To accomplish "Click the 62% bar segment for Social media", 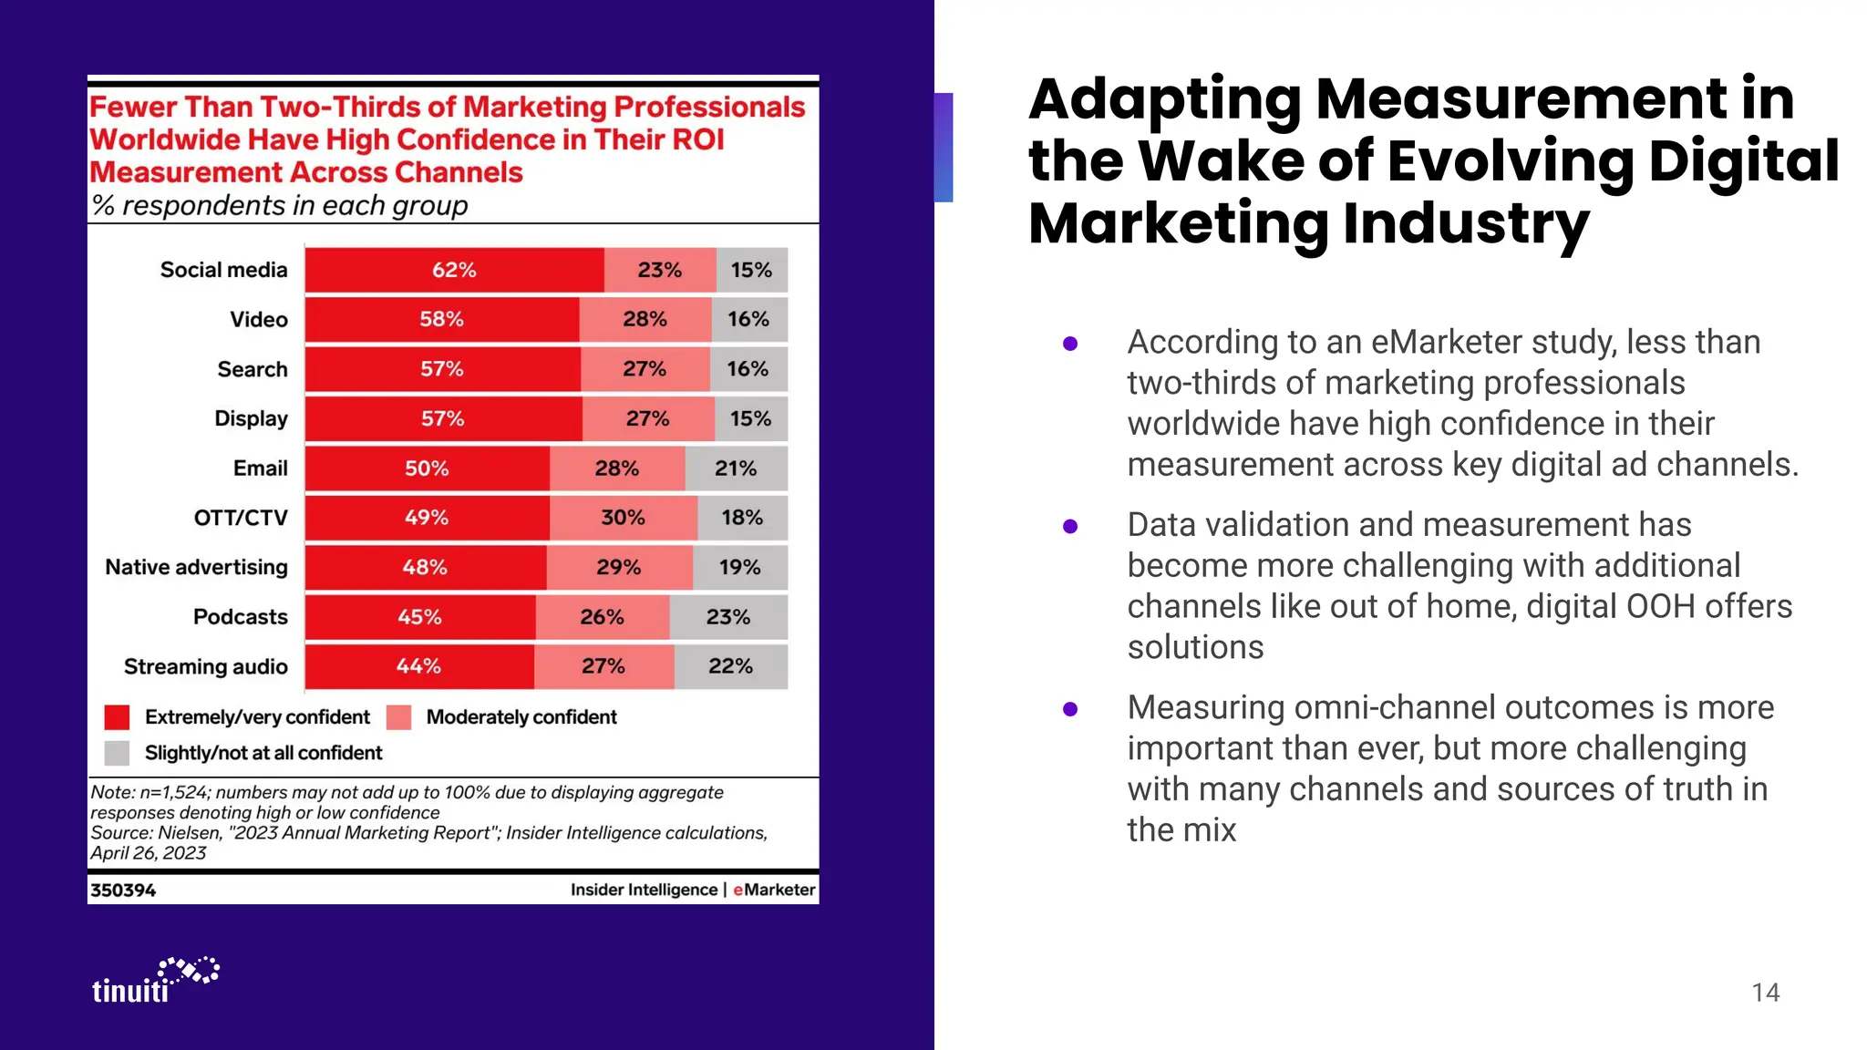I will [454, 270].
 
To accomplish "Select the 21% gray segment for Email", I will [736, 468].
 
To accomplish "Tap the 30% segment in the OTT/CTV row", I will [624, 518].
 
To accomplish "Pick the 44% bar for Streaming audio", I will [418, 666].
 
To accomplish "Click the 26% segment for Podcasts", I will [603, 617].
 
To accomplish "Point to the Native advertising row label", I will [196, 567].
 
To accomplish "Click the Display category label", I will [251, 418].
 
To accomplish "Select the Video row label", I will [259, 319].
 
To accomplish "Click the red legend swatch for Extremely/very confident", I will [117, 717].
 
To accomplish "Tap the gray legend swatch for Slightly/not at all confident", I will [117, 753].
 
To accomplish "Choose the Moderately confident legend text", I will [521, 717].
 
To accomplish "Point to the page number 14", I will [1765, 993].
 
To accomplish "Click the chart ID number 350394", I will [123, 890].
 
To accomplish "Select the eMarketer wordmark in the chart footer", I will [774, 890].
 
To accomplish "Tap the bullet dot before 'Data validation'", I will [1070, 526].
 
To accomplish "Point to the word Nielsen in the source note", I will [189, 833].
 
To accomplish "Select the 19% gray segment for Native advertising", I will [739, 567].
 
